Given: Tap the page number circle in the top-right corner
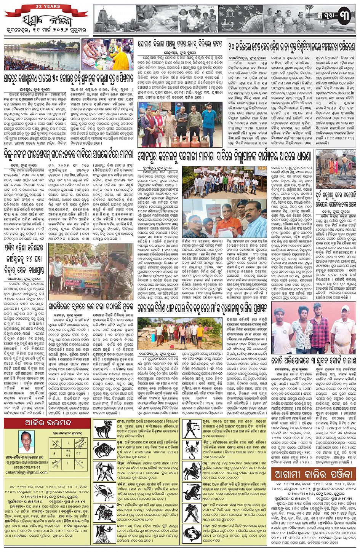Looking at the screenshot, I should [344, 18].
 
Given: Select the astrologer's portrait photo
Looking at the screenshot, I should [26, 442].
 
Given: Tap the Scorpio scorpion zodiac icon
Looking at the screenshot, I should [192, 450].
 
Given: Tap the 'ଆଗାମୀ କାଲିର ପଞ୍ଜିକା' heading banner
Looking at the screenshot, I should [314, 474].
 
